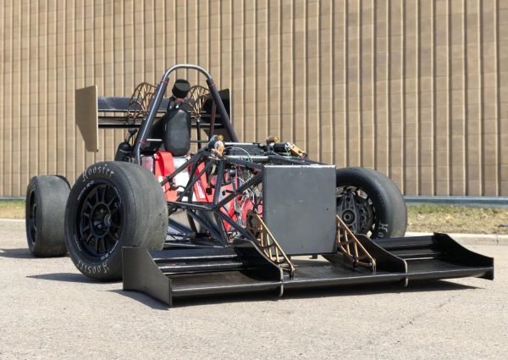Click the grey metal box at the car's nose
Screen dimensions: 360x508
(298, 208)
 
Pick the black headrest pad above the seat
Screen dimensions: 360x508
(177, 131)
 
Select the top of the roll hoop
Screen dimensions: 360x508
(188, 68)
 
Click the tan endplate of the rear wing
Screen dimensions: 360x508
(86, 117)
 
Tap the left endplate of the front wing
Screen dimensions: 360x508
(146, 274)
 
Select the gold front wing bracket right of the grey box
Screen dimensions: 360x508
(354, 241)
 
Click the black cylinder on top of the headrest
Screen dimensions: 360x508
(181, 88)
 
